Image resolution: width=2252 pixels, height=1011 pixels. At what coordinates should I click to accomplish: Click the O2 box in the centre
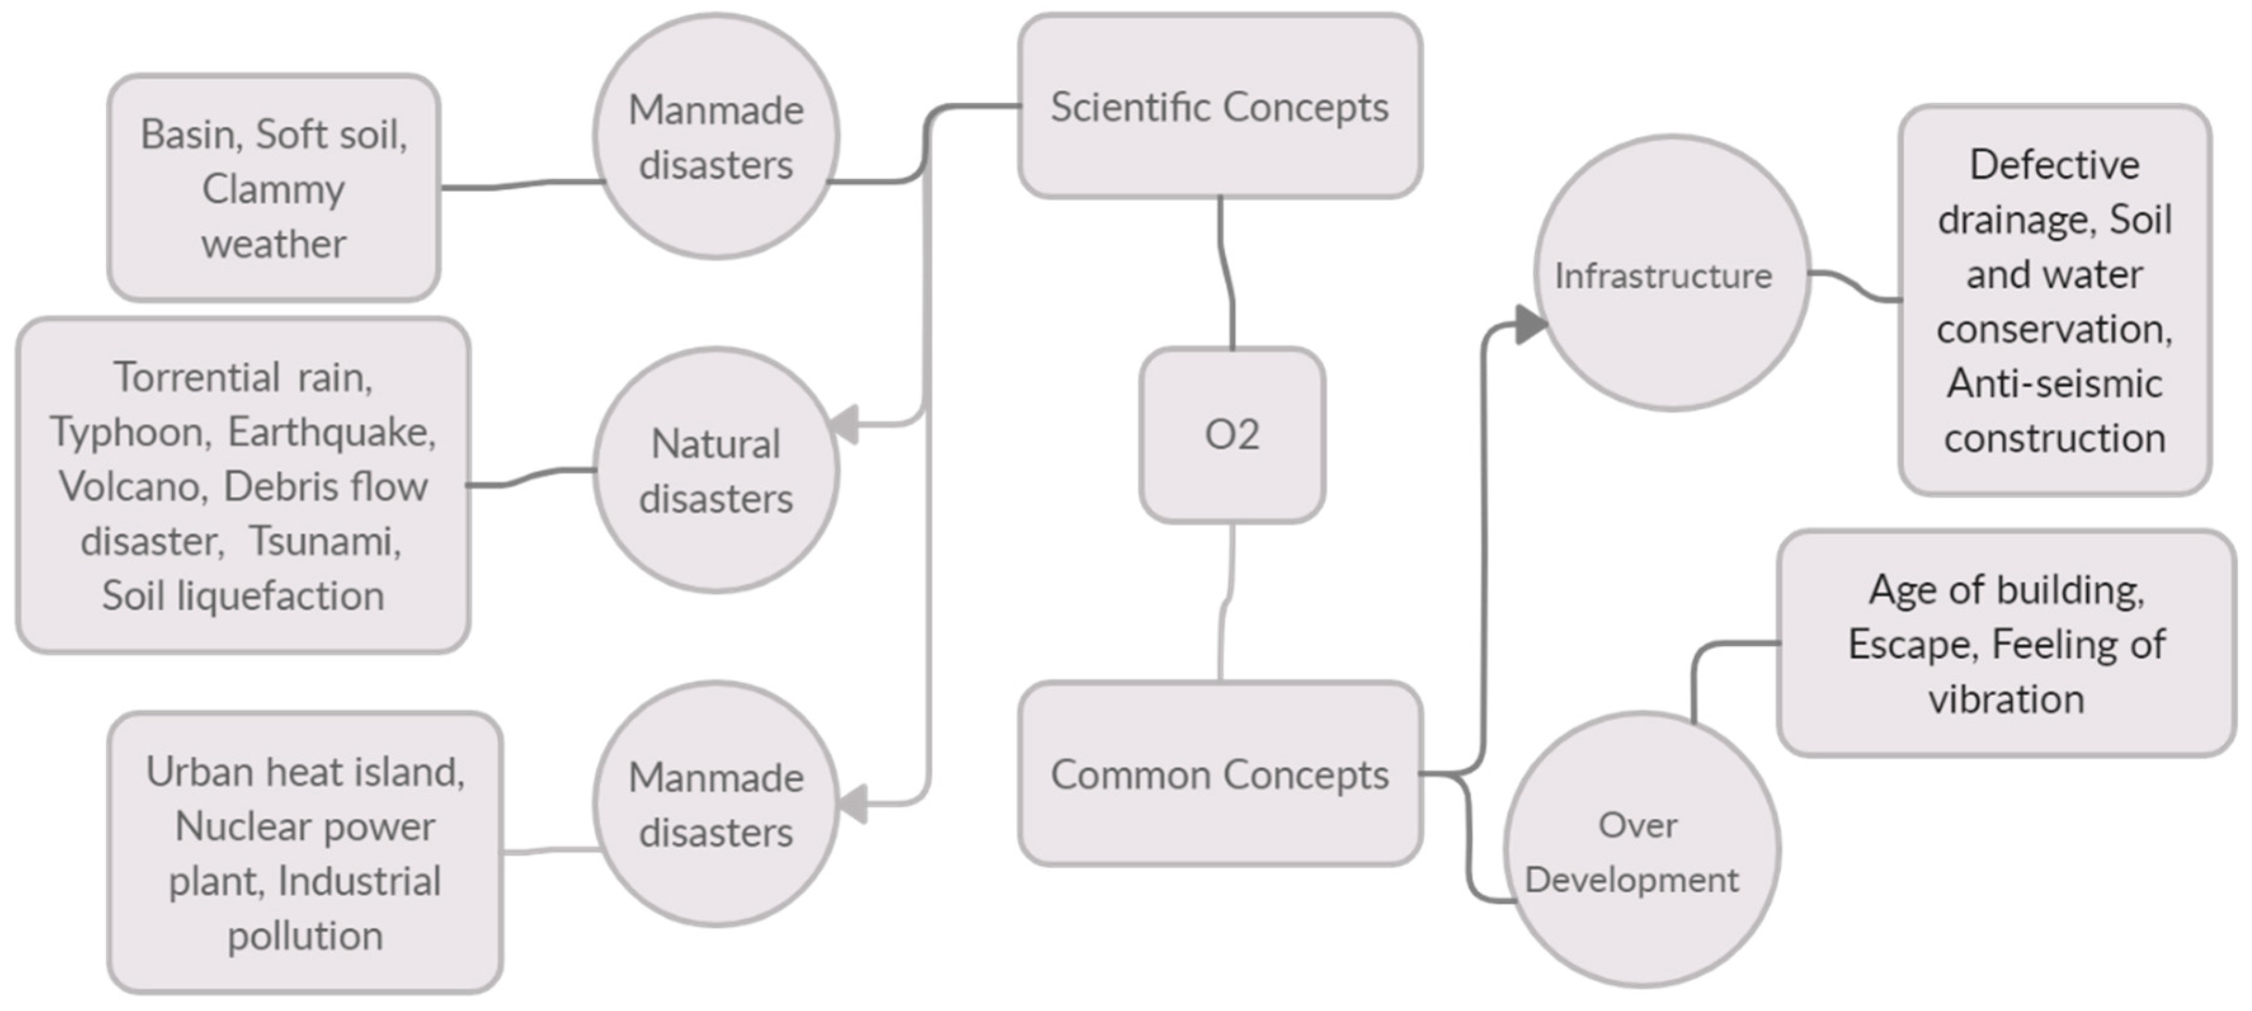coord(1232,434)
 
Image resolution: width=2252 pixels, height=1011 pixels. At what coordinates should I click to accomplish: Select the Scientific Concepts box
coord(1219,107)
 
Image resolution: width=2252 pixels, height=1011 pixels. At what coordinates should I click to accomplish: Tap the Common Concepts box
coord(1219,774)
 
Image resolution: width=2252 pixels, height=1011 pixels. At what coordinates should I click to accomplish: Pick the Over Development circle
coord(1641,851)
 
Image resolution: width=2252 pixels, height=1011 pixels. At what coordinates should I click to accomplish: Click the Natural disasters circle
coord(716,471)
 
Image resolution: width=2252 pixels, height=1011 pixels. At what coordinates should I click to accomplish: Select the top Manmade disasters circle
coord(716,137)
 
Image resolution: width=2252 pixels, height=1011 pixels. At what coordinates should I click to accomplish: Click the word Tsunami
coord(324,541)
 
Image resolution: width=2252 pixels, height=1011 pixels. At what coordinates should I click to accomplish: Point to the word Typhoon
coord(130,432)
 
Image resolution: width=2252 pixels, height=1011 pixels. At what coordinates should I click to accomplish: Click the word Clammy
coord(274,189)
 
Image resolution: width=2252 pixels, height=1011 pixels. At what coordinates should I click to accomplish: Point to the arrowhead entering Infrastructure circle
coord(1529,325)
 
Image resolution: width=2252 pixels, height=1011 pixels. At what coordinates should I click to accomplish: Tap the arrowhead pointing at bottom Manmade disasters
coord(852,803)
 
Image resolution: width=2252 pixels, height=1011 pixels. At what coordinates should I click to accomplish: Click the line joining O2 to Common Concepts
coord(1225,603)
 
